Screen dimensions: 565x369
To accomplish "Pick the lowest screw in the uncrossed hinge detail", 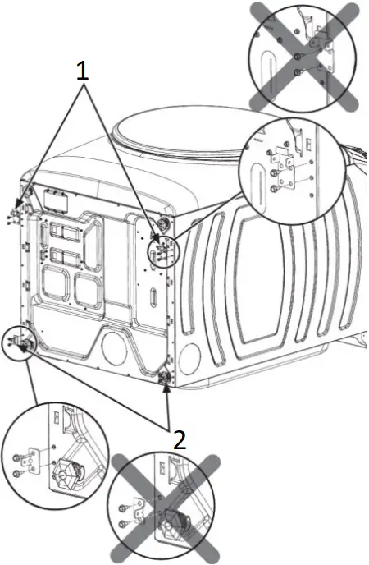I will (x=272, y=188).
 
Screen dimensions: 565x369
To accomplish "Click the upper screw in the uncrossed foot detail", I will (x=17, y=456).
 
